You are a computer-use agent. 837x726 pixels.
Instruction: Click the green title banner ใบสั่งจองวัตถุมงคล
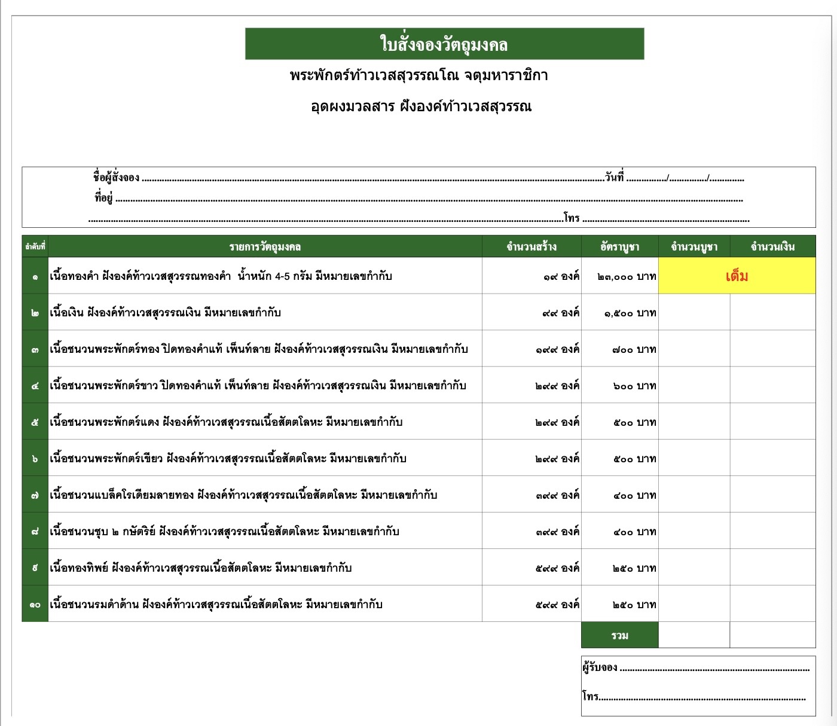[444, 44]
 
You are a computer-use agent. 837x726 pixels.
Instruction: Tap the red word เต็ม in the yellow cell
[737, 276]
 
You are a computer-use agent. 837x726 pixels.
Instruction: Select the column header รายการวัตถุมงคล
[265, 246]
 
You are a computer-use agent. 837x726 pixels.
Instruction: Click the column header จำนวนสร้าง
[531, 246]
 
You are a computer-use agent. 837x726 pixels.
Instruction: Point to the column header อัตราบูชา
[619, 246]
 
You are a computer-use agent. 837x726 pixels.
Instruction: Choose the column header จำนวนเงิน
[772, 246]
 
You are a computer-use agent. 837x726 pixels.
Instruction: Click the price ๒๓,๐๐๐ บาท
[627, 276]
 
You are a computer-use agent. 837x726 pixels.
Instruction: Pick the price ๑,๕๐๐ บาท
[630, 313]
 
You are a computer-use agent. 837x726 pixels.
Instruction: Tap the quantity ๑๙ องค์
[561, 276]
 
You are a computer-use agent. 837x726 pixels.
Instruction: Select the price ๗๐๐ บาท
[634, 349]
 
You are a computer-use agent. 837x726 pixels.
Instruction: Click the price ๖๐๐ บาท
[634, 386]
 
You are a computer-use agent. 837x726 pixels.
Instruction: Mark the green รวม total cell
[619, 635]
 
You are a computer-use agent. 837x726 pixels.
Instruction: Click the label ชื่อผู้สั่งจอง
[116, 177]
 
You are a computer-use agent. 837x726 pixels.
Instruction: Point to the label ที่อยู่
[103, 197]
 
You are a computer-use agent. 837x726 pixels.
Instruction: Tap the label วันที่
[614, 177]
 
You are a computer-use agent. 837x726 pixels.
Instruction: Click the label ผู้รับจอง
[600, 667]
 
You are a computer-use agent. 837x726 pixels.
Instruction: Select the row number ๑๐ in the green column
[35, 605]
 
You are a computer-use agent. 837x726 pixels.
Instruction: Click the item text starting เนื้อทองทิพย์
[200, 568]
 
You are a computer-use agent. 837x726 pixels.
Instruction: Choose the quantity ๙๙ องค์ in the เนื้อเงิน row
[561, 313]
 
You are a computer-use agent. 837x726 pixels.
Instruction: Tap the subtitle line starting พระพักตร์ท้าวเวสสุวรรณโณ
[418, 75]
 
